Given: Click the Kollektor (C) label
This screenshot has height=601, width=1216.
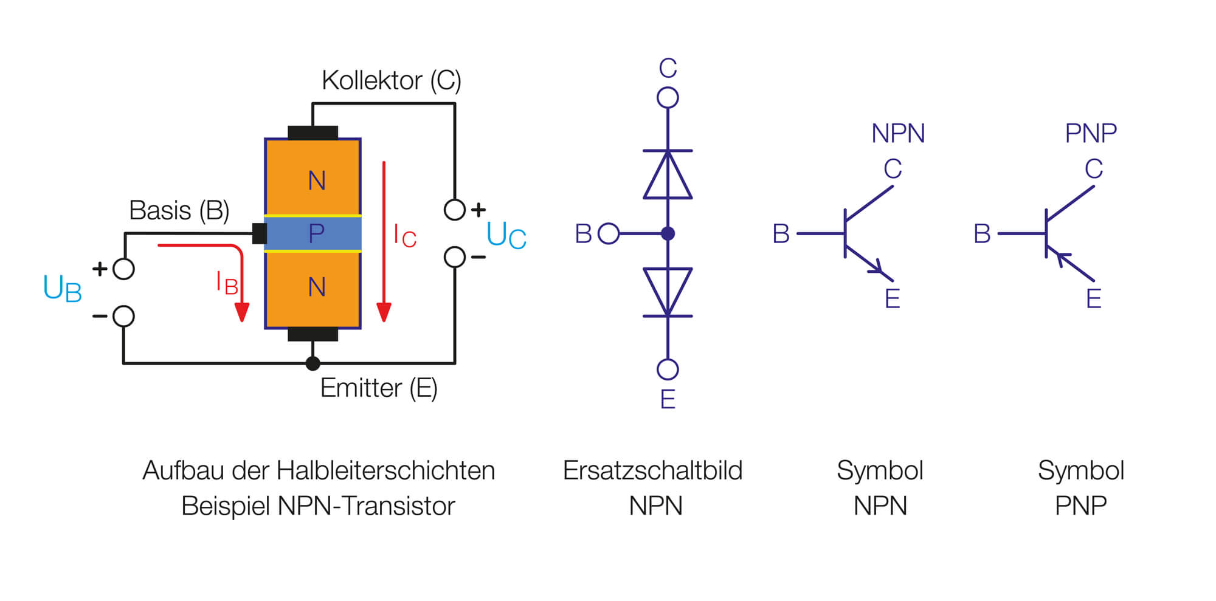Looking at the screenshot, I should point(391,80).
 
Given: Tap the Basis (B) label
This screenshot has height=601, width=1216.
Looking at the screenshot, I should point(179,210).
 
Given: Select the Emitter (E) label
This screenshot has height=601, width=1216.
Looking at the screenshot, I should point(378,388).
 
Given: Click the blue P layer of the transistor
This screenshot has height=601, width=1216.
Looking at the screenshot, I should point(313,233).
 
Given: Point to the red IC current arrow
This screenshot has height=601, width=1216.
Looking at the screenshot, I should point(384,243).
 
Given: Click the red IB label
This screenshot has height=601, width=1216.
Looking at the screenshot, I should point(227,283).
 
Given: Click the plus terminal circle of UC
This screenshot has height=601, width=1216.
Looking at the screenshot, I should point(455,210).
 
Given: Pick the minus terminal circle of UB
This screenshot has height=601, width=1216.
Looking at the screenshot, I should point(124,316).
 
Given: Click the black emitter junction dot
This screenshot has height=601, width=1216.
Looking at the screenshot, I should point(313,363).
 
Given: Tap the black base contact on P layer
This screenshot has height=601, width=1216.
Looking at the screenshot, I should point(260,233).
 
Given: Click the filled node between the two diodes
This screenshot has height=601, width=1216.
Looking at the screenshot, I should point(668,233).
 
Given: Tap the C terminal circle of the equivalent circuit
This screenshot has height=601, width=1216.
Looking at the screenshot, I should point(668,97).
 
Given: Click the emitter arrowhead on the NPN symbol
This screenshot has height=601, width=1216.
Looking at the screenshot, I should point(877,266).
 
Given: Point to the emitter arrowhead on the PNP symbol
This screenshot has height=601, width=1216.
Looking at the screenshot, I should point(1063,258).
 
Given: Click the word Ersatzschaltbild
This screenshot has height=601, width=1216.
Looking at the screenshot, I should point(652,470).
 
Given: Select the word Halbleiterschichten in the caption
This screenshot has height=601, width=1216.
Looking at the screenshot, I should point(385,470).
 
